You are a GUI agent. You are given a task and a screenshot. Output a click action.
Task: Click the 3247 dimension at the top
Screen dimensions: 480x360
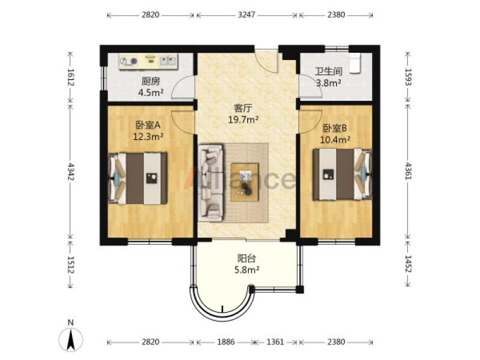click(x=247, y=14)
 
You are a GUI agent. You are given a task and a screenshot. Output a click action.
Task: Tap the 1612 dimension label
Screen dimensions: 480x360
click(x=71, y=77)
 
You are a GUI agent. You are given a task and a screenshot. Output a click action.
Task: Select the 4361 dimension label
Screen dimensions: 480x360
click(x=408, y=171)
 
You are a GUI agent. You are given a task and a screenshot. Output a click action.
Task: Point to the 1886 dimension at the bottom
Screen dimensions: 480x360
click(x=226, y=341)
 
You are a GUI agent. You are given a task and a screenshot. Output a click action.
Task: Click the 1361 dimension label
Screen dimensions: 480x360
click(x=275, y=341)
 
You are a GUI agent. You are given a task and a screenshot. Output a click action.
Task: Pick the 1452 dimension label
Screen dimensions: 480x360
click(x=408, y=263)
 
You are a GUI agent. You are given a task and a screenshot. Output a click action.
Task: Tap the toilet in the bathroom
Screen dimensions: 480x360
click(x=355, y=63)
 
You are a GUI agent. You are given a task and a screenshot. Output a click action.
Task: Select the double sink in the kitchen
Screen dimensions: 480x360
click(x=168, y=61)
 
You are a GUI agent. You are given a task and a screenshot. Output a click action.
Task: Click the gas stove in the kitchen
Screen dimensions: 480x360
click(x=128, y=61)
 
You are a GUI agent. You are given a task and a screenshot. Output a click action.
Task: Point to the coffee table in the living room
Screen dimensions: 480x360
click(x=245, y=182)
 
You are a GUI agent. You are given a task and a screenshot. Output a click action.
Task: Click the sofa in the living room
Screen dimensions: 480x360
click(x=211, y=183)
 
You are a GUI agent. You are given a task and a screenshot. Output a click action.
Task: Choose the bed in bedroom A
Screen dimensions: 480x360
click(x=137, y=178)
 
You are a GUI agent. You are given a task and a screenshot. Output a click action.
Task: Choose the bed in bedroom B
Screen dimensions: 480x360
click(x=342, y=175)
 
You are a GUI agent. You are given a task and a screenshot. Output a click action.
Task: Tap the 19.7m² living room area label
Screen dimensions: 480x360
click(x=244, y=119)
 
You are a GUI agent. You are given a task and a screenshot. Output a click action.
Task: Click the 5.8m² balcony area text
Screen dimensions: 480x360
click(x=247, y=270)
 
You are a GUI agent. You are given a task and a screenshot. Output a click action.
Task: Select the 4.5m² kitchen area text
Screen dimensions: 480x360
click(x=151, y=92)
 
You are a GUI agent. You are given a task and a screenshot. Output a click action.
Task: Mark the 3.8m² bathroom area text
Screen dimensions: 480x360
click(x=329, y=83)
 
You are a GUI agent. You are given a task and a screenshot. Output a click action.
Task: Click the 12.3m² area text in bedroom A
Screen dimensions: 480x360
click(x=148, y=137)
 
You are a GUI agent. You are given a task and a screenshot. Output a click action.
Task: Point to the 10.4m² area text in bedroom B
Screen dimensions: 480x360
click(x=335, y=140)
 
